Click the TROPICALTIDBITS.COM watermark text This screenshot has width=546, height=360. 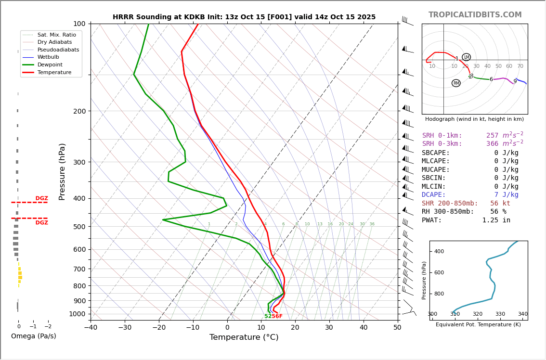coord(475,15)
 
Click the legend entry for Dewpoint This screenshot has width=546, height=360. coord(53,64)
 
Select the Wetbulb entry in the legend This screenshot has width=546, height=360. coord(49,57)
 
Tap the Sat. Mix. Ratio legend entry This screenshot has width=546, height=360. coord(56,35)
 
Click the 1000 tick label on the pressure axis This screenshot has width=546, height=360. coord(77,314)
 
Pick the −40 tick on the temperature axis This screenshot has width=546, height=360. coord(91,328)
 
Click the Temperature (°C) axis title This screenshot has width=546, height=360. coord(244,337)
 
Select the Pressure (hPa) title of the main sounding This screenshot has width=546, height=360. coord(62,171)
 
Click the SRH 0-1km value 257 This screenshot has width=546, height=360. coord(492,136)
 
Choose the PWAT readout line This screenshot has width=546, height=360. coord(466,220)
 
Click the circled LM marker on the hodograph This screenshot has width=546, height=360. coord(466,57)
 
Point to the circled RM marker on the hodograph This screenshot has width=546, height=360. coord(456,83)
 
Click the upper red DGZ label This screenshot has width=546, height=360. coord(41,198)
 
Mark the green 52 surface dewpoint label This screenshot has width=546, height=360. coord(268,316)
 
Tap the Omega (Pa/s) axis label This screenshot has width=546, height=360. coord(33,336)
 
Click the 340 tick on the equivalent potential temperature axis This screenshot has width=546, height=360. coord(522,314)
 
